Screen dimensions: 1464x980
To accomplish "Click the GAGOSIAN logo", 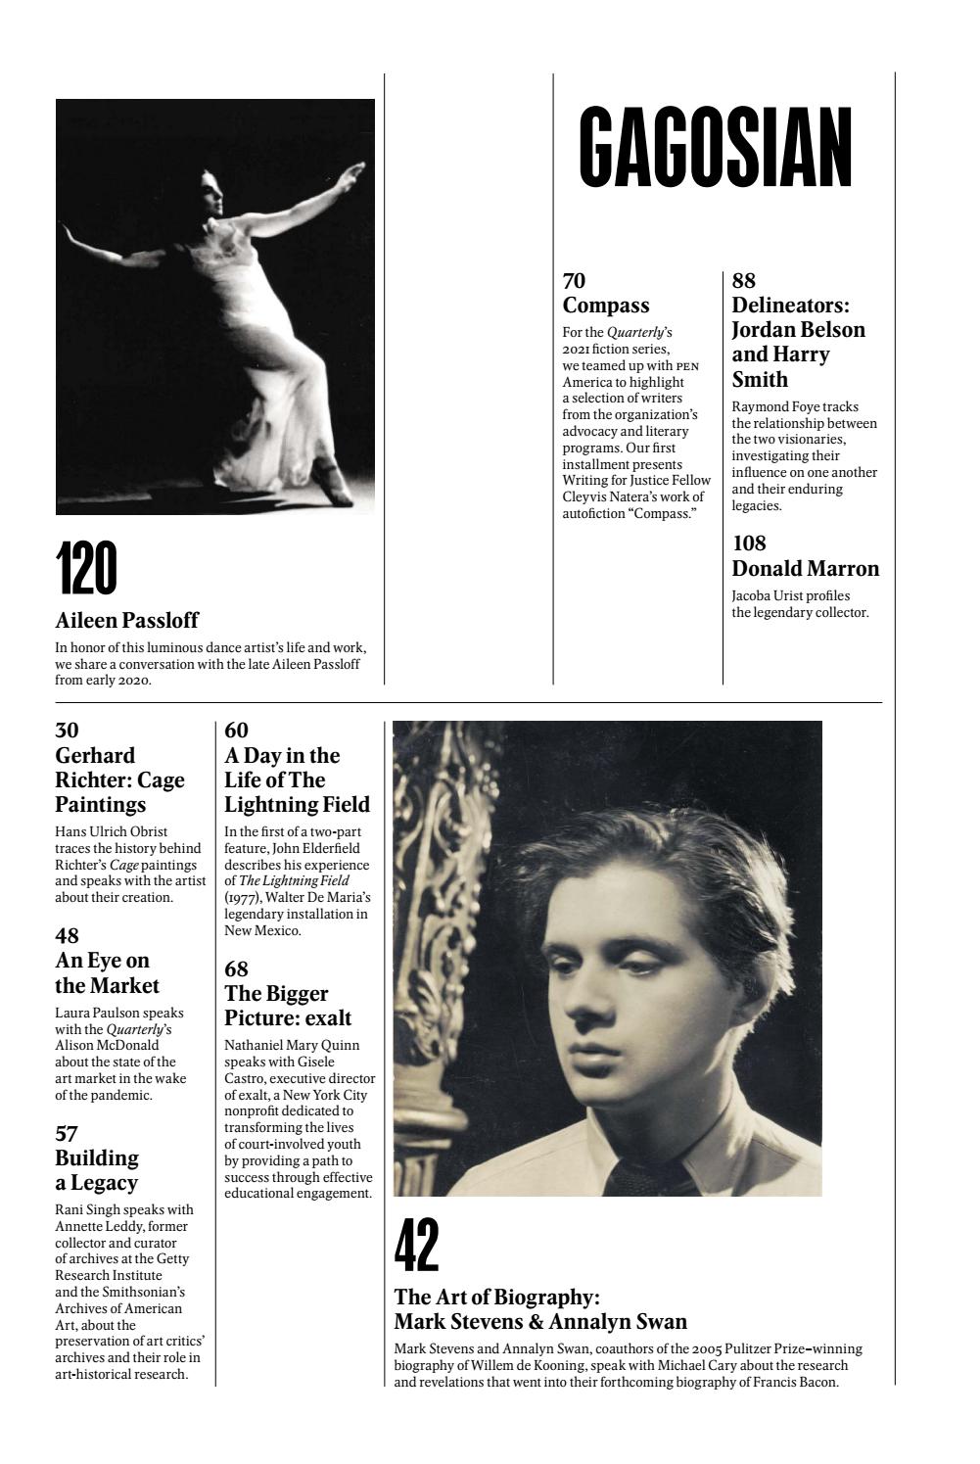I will click(716, 148).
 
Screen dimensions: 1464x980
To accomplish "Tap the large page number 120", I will click(86, 568).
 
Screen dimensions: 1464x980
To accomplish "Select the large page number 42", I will click(416, 1246).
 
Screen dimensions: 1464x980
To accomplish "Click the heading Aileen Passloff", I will click(126, 620).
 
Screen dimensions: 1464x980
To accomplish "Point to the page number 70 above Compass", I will click(574, 281).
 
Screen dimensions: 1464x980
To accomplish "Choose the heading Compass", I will click(606, 306).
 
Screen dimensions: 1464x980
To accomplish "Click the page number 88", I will click(744, 281).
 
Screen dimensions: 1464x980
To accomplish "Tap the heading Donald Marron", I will click(806, 569).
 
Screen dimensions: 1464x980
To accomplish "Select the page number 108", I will click(749, 543).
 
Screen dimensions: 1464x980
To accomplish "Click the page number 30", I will click(67, 731).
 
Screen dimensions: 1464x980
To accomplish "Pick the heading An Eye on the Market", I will click(106, 972).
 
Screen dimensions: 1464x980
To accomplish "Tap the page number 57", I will click(67, 1134).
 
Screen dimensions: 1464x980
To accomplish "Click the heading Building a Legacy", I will click(97, 1170).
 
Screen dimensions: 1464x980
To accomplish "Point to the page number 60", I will click(236, 731).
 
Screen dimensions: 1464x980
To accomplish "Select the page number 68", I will click(236, 969).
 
